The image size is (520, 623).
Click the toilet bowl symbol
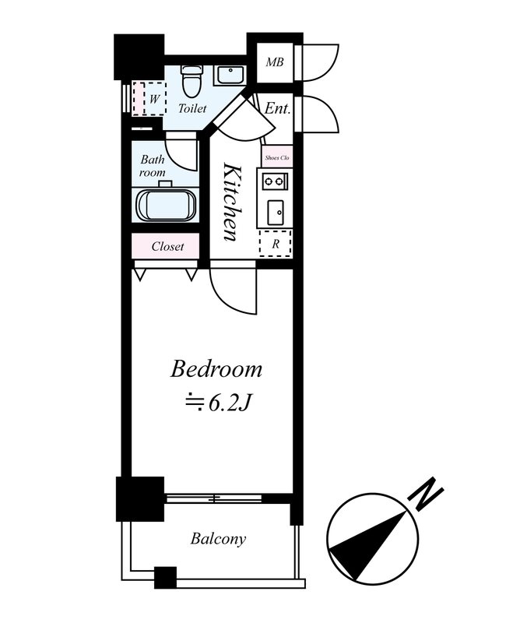(x=191, y=81)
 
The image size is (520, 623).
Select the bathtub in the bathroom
(x=166, y=204)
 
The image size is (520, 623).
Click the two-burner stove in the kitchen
(x=275, y=181)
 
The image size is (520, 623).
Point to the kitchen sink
(x=275, y=212)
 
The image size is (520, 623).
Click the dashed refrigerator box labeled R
(x=276, y=243)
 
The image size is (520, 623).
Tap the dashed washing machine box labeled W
(x=149, y=99)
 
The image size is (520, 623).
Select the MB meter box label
(x=275, y=62)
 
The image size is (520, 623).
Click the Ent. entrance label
(x=277, y=108)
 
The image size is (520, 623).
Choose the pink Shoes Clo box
(x=277, y=157)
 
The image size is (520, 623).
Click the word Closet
(x=167, y=246)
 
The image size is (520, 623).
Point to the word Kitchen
(x=232, y=202)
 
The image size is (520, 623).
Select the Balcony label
(x=218, y=539)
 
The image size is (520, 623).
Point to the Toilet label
(x=192, y=108)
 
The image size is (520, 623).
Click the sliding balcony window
(x=213, y=498)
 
